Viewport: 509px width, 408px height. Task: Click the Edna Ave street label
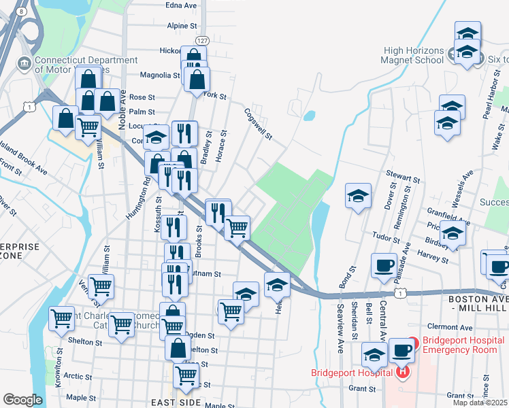[180, 5]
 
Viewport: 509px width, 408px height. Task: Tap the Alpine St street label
[182, 26]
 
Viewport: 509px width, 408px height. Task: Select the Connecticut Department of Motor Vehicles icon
[24, 64]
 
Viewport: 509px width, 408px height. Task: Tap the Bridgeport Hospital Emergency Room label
[463, 345]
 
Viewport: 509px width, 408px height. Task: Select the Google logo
[22, 400]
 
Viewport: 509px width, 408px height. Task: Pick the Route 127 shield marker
[202, 41]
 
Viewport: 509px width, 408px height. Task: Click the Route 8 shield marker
[22, 12]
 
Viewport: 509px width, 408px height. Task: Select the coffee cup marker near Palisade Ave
[384, 265]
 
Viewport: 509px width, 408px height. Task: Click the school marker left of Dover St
[358, 196]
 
